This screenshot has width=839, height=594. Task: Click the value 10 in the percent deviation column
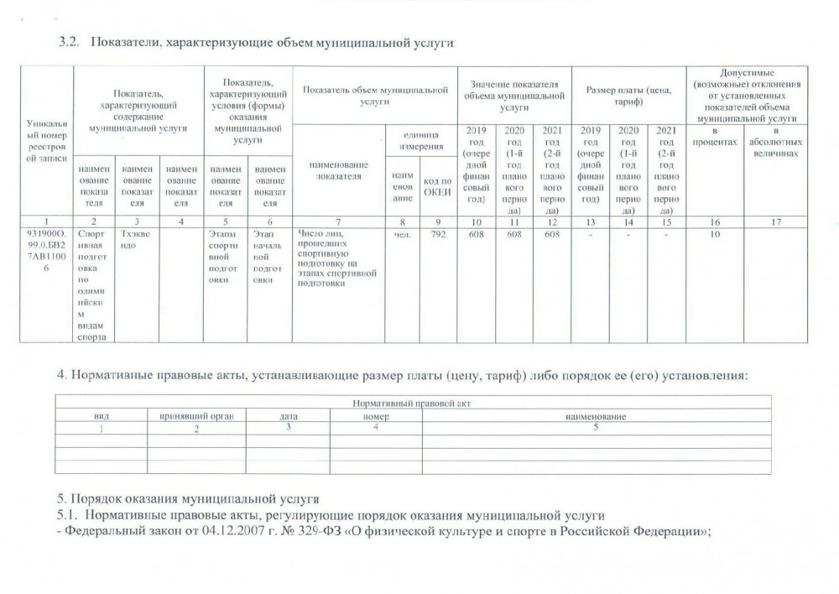pyautogui.click(x=716, y=236)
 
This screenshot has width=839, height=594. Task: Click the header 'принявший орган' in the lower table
pyautogui.click(x=196, y=416)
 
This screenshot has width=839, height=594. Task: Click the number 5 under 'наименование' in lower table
pyautogui.click(x=596, y=427)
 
